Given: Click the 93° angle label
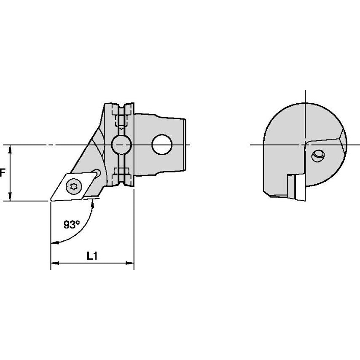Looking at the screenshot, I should [x=72, y=225].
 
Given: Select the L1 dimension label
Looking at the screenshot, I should [x=92, y=255].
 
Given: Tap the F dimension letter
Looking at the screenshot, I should [x=2, y=173].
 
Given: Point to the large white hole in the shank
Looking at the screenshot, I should [x=162, y=145].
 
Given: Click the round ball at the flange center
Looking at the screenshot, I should [x=121, y=145].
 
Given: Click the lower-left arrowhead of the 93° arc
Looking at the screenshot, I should [x=53, y=243].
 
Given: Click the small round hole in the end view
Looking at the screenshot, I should [x=317, y=156].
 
